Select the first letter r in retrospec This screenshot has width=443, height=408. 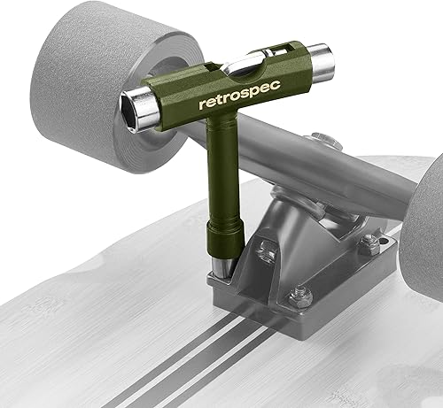(203, 105)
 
